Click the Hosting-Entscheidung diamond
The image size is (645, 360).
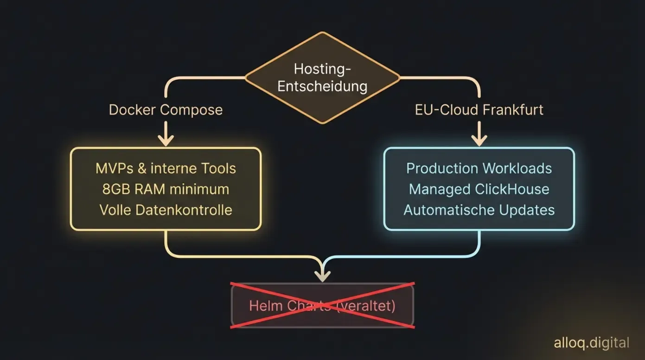tap(322, 77)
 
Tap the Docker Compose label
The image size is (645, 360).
tap(166, 110)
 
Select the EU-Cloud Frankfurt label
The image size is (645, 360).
tap(479, 110)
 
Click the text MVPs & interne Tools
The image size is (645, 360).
tap(166, 168)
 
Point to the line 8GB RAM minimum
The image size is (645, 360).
tap(166, 189)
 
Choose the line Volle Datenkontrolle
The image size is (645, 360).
tap(166, 210)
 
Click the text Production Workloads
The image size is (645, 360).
tap(479, 168)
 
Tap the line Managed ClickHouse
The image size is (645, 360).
tap(479, 189)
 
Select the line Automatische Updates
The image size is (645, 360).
tap(479, 210)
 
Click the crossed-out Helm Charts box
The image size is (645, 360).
tap(322, 305)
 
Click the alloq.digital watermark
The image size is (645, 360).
tap(591, 343)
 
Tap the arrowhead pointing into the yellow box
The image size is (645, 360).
tap(166, 140)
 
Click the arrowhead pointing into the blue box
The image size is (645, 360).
tap(479, 140)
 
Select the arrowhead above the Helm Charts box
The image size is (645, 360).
tap(322, 276)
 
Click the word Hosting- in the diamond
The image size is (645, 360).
tap(322, 69)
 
